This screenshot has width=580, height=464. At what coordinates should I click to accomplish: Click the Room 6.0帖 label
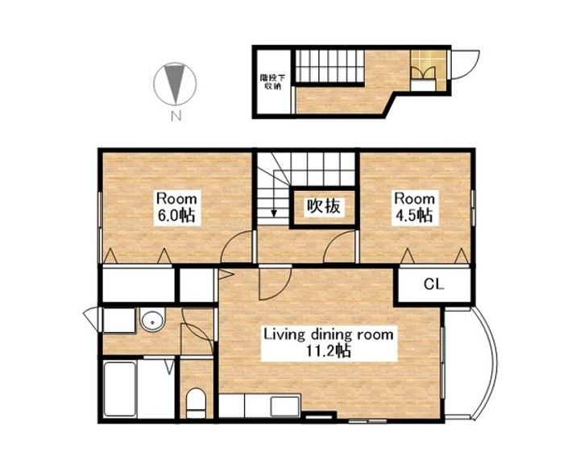click(176, 207)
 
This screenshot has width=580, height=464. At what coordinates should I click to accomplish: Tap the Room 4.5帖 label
click(414, 207)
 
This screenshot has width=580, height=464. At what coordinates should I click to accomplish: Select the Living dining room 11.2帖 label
click(329, 342)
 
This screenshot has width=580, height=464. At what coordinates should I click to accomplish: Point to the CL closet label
click(434, 284)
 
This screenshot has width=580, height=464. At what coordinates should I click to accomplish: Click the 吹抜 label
click(324, 206)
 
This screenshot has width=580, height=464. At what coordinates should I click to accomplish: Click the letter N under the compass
click(176, 117)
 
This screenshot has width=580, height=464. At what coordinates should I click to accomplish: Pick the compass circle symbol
click(175, 83)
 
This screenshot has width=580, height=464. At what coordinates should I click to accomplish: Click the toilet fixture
click(196, 403)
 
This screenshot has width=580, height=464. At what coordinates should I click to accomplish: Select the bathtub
click(120, 389)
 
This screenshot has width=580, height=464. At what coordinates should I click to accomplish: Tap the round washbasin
click(152, 321)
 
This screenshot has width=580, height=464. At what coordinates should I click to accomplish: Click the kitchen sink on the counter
click(285, 406)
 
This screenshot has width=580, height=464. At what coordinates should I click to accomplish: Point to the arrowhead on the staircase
click(274, 213)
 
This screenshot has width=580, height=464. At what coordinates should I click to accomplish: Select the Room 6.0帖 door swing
click(237, 246)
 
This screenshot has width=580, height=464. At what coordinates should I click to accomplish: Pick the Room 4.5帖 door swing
click(339, 246)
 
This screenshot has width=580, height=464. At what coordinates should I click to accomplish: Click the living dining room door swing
click(275, 284)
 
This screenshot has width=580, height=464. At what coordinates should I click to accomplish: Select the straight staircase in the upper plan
click(330, 66)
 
